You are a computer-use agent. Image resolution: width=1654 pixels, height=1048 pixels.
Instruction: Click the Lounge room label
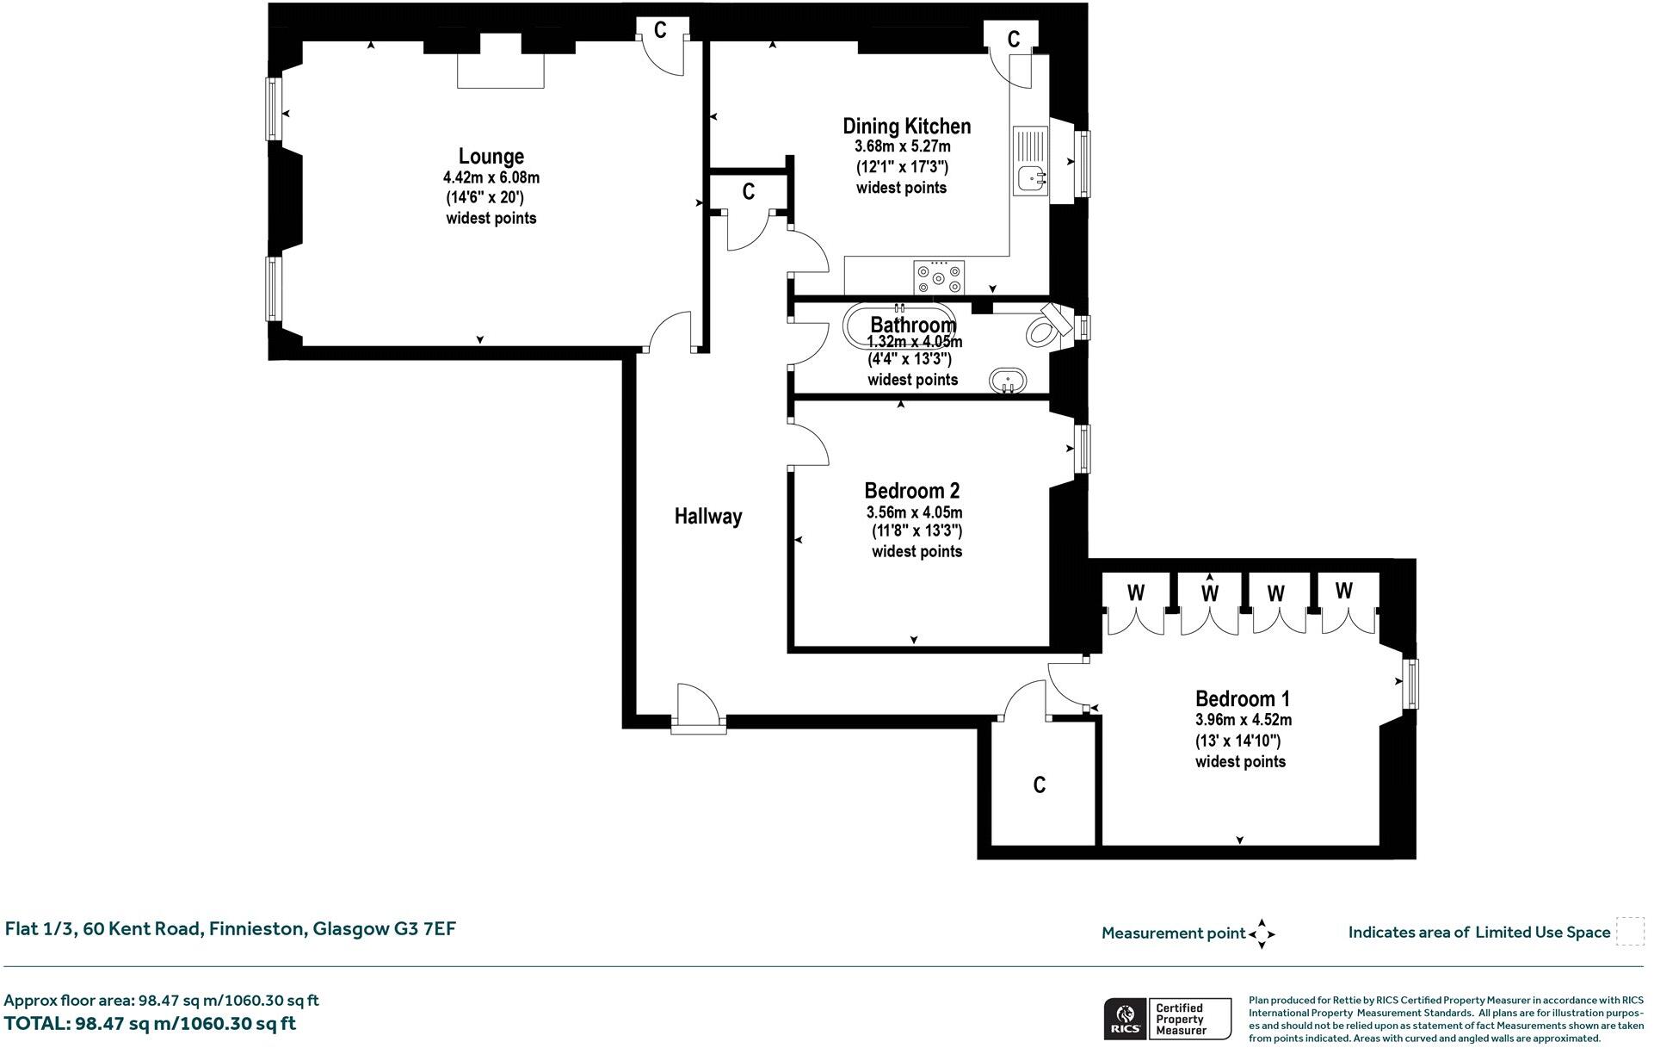click(x=491, y=157)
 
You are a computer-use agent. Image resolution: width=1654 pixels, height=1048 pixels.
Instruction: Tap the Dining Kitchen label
click(x=907, y=127)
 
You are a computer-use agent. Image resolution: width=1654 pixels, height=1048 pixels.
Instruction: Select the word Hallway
click(x=707, y=516)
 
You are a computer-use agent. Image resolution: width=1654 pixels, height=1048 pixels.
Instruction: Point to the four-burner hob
click(x=939, y=277)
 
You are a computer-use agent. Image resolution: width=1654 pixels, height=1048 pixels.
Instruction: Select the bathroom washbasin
click(x=1007, y=380)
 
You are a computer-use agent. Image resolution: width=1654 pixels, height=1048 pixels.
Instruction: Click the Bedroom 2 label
click(x=912, y=491)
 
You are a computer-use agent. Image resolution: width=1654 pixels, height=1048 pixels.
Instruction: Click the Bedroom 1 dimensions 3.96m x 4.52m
click(x=1244, y=720)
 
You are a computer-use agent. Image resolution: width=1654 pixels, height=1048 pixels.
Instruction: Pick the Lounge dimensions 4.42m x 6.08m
click(x=491, y=177)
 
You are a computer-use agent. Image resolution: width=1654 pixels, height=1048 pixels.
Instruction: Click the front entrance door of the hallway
click(x=698, y=710)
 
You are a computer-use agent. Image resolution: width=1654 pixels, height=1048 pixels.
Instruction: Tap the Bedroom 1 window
click(x=1410, y=684)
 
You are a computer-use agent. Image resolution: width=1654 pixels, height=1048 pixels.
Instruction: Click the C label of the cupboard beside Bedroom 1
click(x=1040, y=784)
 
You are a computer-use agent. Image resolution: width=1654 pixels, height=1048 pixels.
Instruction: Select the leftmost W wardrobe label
click(x=1136, y=592)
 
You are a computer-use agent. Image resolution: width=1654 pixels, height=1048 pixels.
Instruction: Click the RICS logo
click(x=1124, y=1019)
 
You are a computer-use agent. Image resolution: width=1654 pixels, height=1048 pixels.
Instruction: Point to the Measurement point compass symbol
click(x=1262, y=933)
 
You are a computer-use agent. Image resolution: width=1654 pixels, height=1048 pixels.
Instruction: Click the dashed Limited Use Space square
click(x=1630, y=932)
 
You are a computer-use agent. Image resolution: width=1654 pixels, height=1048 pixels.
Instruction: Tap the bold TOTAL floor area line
click(x=150, y=1024)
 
